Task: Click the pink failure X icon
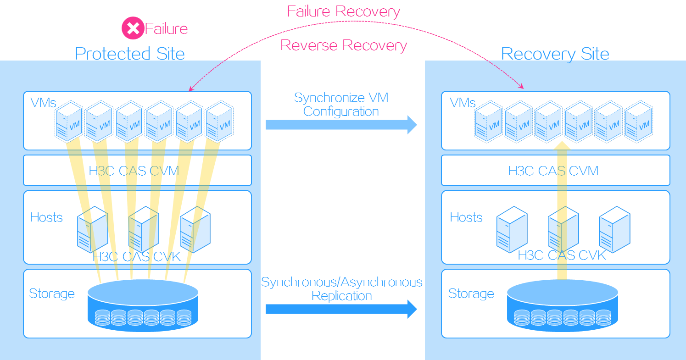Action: pos(133,28)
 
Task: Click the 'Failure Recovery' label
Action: pos(343,11)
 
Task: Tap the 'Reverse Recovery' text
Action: pos(343,45)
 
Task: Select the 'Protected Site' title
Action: pos(130,54)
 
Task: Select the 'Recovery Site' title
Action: pos(555,54)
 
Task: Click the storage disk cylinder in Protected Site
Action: pos(143,305)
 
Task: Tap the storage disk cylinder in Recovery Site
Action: pos(562,305)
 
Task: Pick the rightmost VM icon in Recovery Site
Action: pos(639,122)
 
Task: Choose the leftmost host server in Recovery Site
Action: pos(512,229)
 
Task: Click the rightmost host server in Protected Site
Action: pos(195,229)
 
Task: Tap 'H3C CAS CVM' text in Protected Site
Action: pos(134,171)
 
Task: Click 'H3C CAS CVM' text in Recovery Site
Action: pos(553,171)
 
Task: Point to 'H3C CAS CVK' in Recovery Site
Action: pos(562,255)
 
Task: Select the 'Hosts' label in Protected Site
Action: pos(46,217)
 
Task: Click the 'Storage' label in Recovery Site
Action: pos(471,294)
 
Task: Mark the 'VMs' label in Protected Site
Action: pos(43,102)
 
